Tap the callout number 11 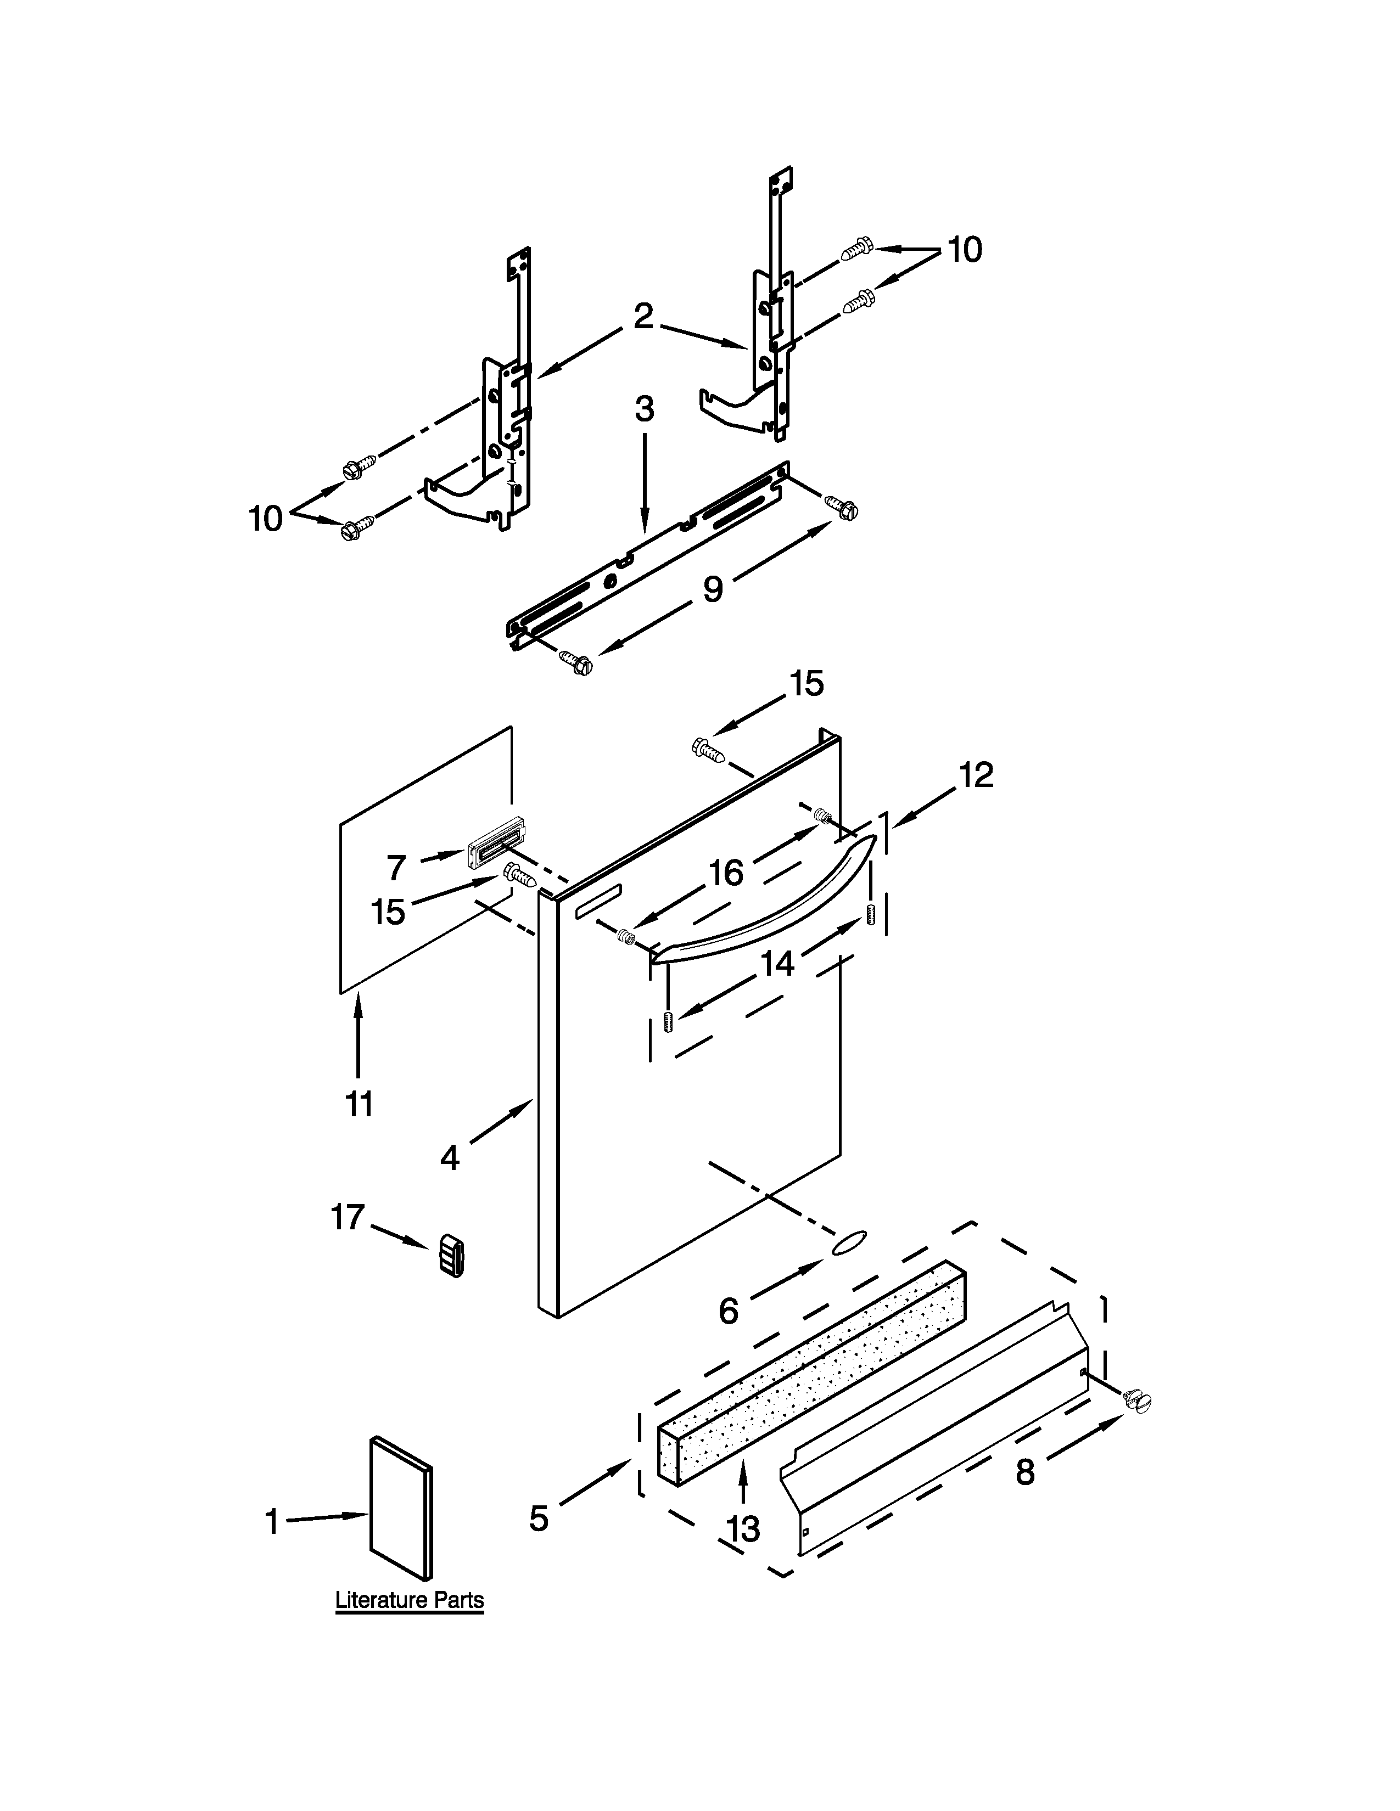359,1105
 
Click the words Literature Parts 409,1600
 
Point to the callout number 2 643,317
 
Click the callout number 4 450,1157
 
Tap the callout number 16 726,873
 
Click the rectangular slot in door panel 597,901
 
